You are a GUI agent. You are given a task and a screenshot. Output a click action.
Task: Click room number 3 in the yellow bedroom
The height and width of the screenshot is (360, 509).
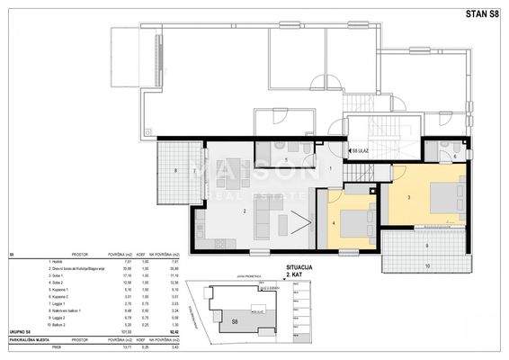408,196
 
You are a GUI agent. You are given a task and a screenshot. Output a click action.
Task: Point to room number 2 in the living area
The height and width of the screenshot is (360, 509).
244,211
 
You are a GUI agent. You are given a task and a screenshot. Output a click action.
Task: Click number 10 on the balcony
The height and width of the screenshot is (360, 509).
426,266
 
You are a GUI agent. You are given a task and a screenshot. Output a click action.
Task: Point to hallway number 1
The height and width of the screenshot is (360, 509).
330,168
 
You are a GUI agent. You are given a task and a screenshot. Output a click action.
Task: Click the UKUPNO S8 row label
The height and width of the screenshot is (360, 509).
19,332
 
